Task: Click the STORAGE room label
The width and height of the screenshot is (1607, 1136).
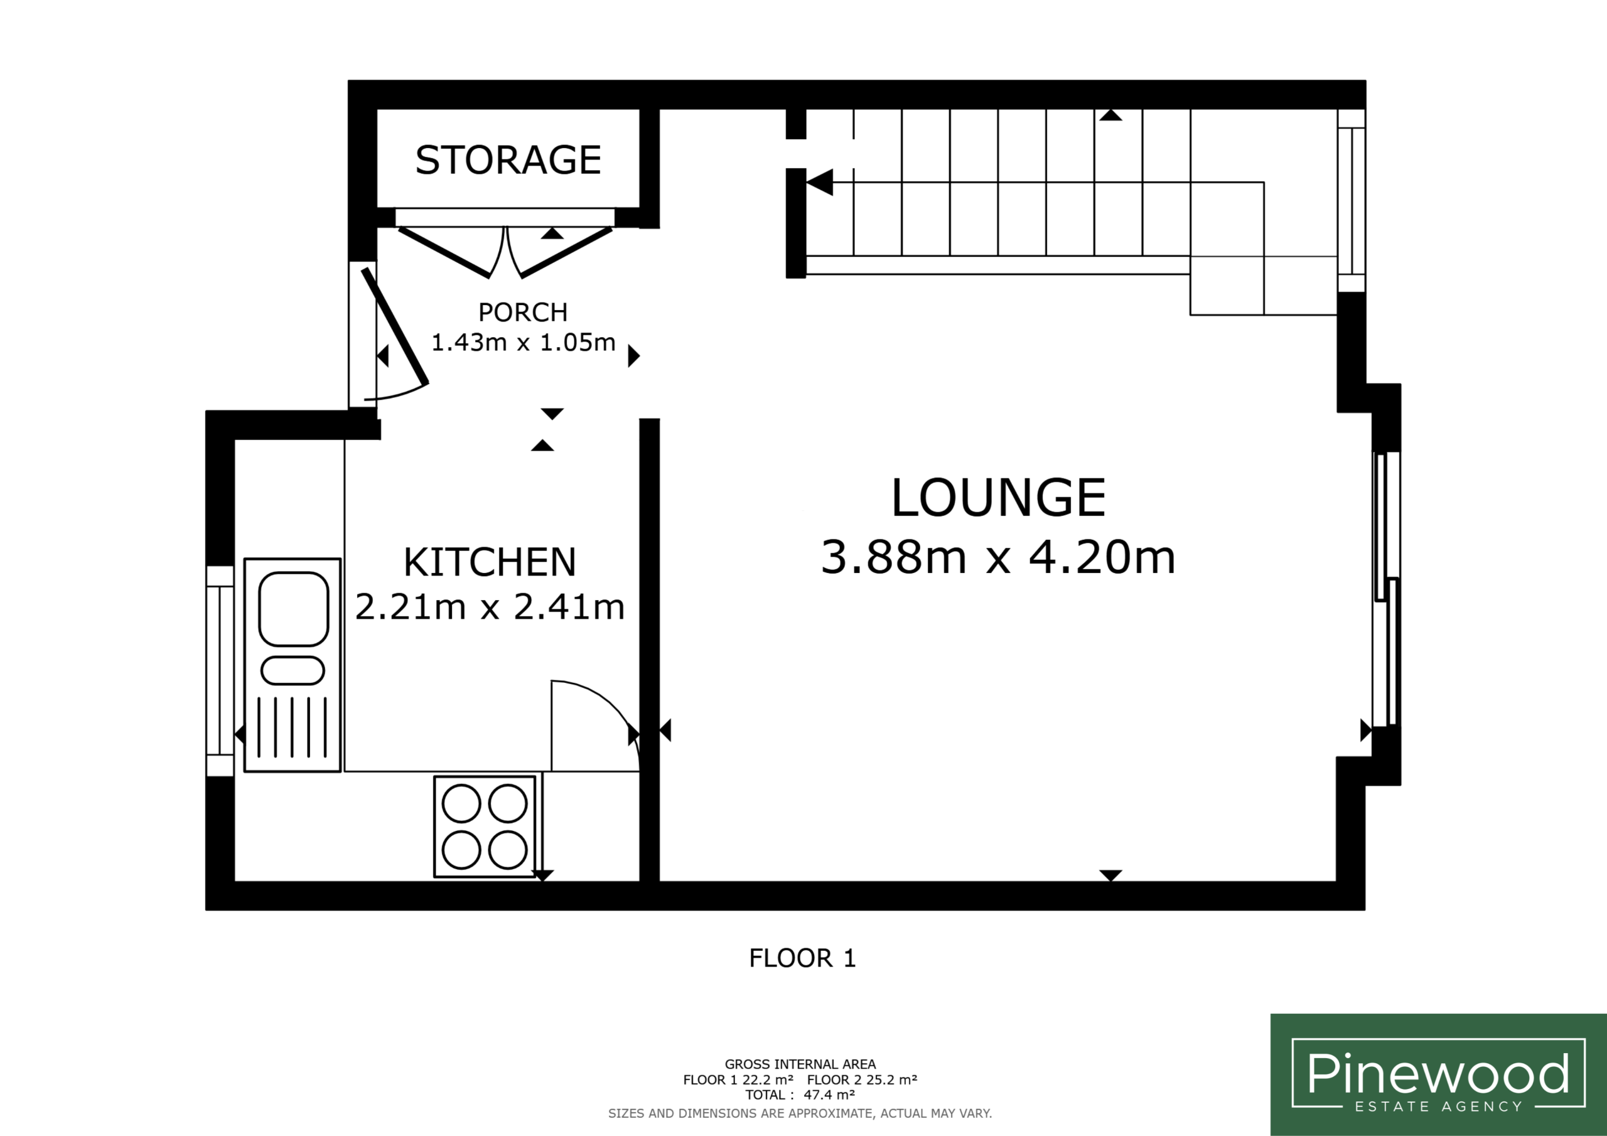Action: [x=508, y=159]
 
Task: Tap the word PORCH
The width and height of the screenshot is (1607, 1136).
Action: [x=523, y=312]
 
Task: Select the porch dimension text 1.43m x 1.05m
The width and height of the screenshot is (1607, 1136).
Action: [x=523, y=342]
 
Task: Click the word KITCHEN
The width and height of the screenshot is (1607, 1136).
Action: [x=489, y=562]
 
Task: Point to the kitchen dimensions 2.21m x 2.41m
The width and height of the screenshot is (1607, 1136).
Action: [x=489, y=607]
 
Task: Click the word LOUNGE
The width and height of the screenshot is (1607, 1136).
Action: [x=998, y=498]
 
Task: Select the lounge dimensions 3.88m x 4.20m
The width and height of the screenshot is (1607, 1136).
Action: [x=998, y=557]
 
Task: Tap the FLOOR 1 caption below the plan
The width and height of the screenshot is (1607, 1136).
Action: [x=802, y=958]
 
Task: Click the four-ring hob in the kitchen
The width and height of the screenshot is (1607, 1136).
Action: [x=485, y=826]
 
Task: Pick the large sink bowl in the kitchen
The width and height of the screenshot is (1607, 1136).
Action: [x=293, y=609]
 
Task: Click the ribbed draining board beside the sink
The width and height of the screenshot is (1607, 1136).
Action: [x=293, y=727]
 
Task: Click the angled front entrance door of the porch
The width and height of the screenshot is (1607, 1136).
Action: [x=394, y=327]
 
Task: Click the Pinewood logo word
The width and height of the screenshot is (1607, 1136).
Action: [x=1438, y=1073]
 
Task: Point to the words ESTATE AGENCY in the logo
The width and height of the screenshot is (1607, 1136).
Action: [x=1438, y=1107]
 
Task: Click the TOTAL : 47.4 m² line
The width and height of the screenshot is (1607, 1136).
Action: [x=800, y=1095]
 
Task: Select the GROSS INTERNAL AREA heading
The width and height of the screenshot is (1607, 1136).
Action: [x=800, y=1064]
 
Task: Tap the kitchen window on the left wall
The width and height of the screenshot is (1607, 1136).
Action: [x=220, y=671]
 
